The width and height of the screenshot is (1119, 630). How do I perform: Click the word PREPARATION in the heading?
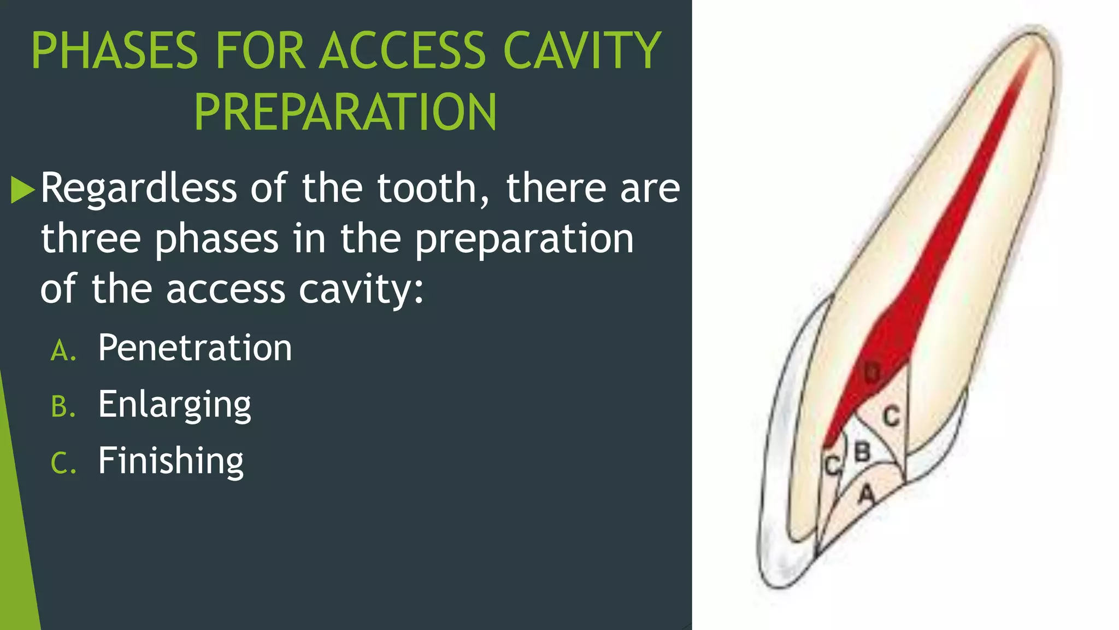pos(345,113)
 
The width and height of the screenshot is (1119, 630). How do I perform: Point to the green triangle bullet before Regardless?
pos(22,189)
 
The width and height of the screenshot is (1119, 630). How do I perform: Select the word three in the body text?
pos(91,238)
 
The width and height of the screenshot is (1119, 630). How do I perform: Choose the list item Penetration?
pos(195,348)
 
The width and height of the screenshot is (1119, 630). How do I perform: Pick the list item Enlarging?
pos(174,405)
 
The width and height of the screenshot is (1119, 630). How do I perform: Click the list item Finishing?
pos(170,460)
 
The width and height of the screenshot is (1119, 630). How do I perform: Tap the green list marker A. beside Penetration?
pos(63,351)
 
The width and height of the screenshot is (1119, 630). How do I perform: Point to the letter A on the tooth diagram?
pos(866,495)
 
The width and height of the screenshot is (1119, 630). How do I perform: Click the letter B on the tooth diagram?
pos(862,452)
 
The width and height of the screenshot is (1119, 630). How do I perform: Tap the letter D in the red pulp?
pos(872,373)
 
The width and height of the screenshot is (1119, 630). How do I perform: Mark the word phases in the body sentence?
pos(217,240)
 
